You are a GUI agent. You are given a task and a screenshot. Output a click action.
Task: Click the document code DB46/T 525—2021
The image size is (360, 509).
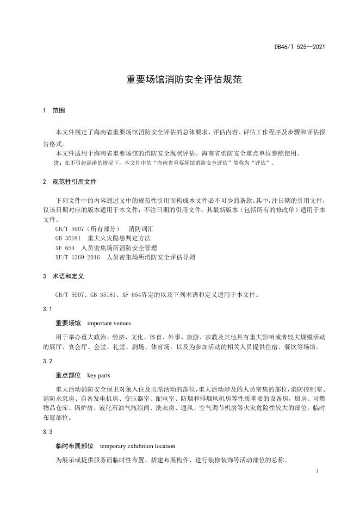[299, 47]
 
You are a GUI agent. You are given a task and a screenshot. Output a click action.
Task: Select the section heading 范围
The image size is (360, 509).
[59, 111]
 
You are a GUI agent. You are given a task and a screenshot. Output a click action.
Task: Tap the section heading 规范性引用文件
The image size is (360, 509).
[75, 181]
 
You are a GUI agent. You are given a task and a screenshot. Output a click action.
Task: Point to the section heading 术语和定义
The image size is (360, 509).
[68, 276]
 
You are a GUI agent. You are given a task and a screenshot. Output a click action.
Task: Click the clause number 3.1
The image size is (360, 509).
[48, 309]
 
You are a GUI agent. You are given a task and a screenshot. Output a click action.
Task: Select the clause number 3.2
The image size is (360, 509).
[48, 361]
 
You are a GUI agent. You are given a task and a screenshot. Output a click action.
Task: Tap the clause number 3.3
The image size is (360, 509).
[48, 432]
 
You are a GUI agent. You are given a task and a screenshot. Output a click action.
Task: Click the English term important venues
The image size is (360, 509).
[109, 322]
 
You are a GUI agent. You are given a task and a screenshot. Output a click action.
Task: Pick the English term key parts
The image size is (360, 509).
[99, 375]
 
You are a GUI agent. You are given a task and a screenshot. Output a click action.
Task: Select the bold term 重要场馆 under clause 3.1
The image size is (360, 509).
[68, 322]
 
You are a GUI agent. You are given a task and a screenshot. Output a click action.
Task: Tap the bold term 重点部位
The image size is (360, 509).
[68, 375]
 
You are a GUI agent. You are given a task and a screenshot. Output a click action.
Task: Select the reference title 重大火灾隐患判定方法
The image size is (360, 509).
[115, 238]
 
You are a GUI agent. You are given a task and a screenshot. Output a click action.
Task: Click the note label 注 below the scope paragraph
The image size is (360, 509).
[57, 162]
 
